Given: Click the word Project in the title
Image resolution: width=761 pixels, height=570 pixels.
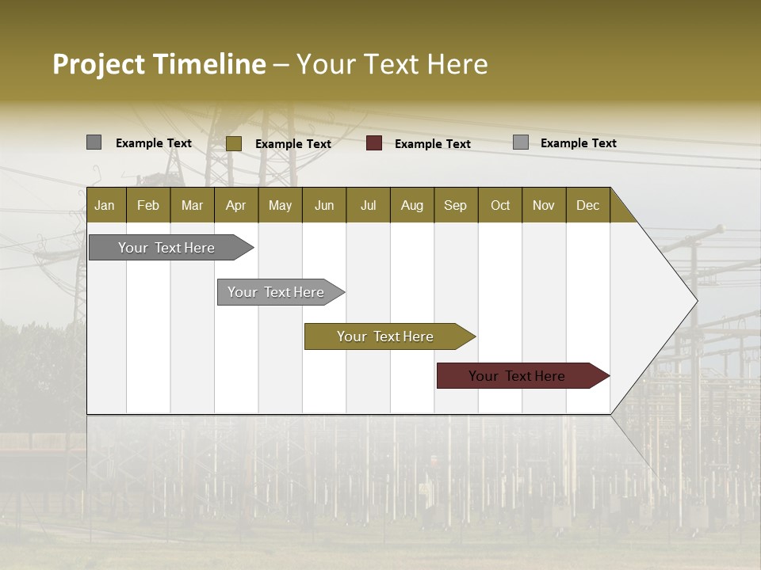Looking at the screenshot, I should pos(99,64).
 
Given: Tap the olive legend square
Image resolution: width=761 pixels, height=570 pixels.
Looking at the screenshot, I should pos(233,143).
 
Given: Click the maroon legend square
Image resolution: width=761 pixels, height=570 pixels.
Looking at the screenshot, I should pos(374,143).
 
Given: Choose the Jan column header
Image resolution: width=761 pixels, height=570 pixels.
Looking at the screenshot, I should pos(105,205).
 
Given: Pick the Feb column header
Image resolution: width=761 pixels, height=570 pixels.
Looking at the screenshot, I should pos(148,205).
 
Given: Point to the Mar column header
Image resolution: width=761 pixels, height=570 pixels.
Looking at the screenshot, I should pos(192,205).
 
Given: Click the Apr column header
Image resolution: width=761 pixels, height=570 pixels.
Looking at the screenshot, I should pos(235,205).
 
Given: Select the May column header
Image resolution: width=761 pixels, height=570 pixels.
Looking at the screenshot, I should pos(280,205).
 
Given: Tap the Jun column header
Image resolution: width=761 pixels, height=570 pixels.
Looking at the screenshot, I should pos(324,205).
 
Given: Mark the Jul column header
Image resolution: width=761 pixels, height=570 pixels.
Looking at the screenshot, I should pos(368,205).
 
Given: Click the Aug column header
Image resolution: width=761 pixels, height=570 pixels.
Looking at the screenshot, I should pos(411,205).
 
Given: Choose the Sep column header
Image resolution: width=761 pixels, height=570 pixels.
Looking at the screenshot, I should pos(455,205).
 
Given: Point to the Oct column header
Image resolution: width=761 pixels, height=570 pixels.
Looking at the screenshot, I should pos(500,205).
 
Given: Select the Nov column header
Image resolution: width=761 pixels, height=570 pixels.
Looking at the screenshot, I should pos(544,205).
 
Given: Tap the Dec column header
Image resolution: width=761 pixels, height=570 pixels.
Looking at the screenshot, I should pos(587,205).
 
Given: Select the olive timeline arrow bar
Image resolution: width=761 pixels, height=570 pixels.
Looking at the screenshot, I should pos(386,336).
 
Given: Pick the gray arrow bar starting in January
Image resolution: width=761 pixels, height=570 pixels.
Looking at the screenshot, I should pos(167,248).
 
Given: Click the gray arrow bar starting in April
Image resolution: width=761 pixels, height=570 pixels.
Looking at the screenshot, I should pos(277,292).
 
